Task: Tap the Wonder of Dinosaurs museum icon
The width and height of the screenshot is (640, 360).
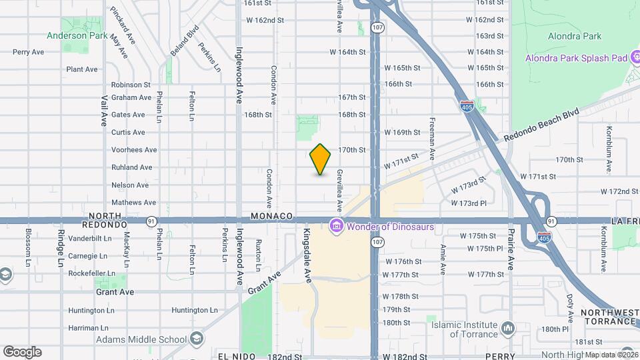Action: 337,227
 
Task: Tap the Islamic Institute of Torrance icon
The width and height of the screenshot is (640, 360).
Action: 508,328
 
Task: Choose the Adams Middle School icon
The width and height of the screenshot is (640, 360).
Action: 196,339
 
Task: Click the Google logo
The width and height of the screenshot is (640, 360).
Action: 22,352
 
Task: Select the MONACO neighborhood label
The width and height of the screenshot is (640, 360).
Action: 272,216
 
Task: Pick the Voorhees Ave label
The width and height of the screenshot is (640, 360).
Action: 134,150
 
